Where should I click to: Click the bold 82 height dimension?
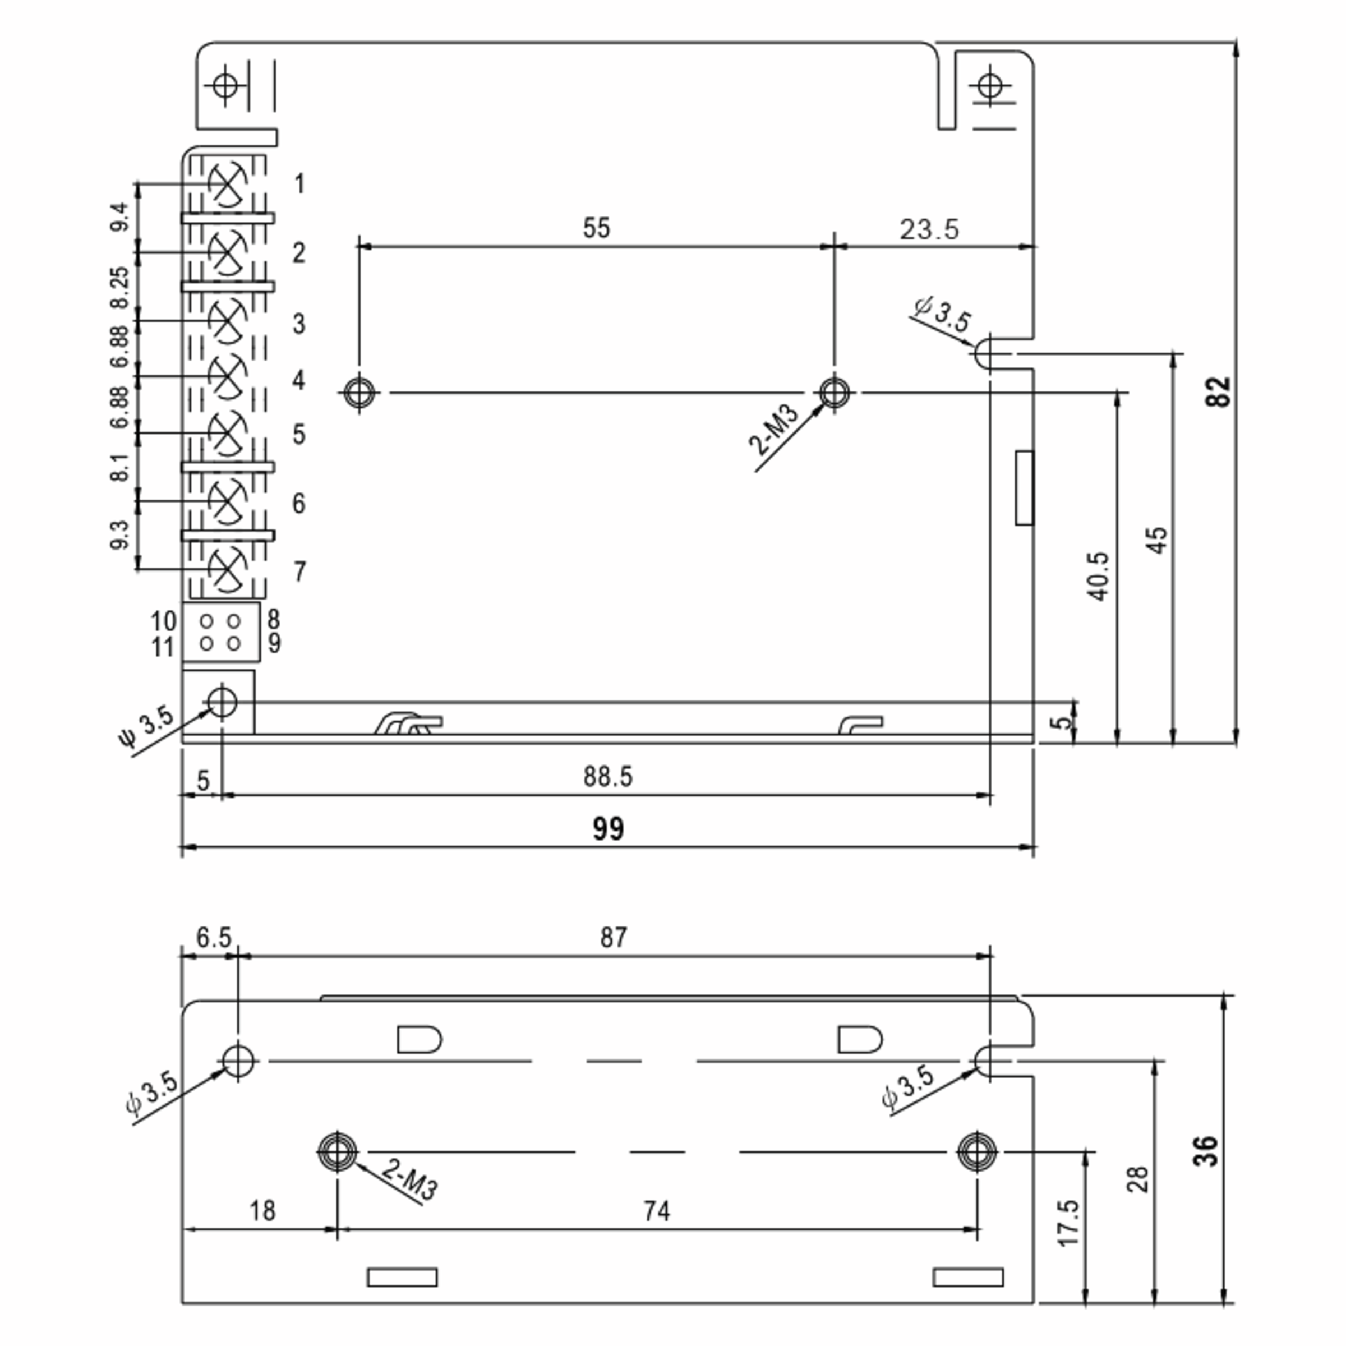click(1219, 391)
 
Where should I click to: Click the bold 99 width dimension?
click(608, 828)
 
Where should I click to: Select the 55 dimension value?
click(596, 228)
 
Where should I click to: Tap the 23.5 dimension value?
click(929, 229)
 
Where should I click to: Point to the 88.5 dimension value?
click(608, 776)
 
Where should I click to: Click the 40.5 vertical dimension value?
click(1099, 576)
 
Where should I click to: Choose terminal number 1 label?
click(299, 184)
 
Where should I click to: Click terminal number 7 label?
click(299, 571)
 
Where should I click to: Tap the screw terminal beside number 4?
click(227, 377)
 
